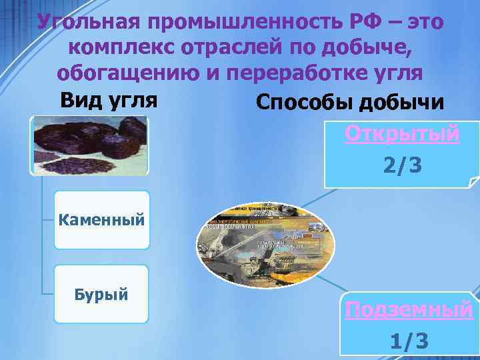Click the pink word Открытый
click(402, 133)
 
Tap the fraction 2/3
click(402, 163)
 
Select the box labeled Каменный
click(101, 219)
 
